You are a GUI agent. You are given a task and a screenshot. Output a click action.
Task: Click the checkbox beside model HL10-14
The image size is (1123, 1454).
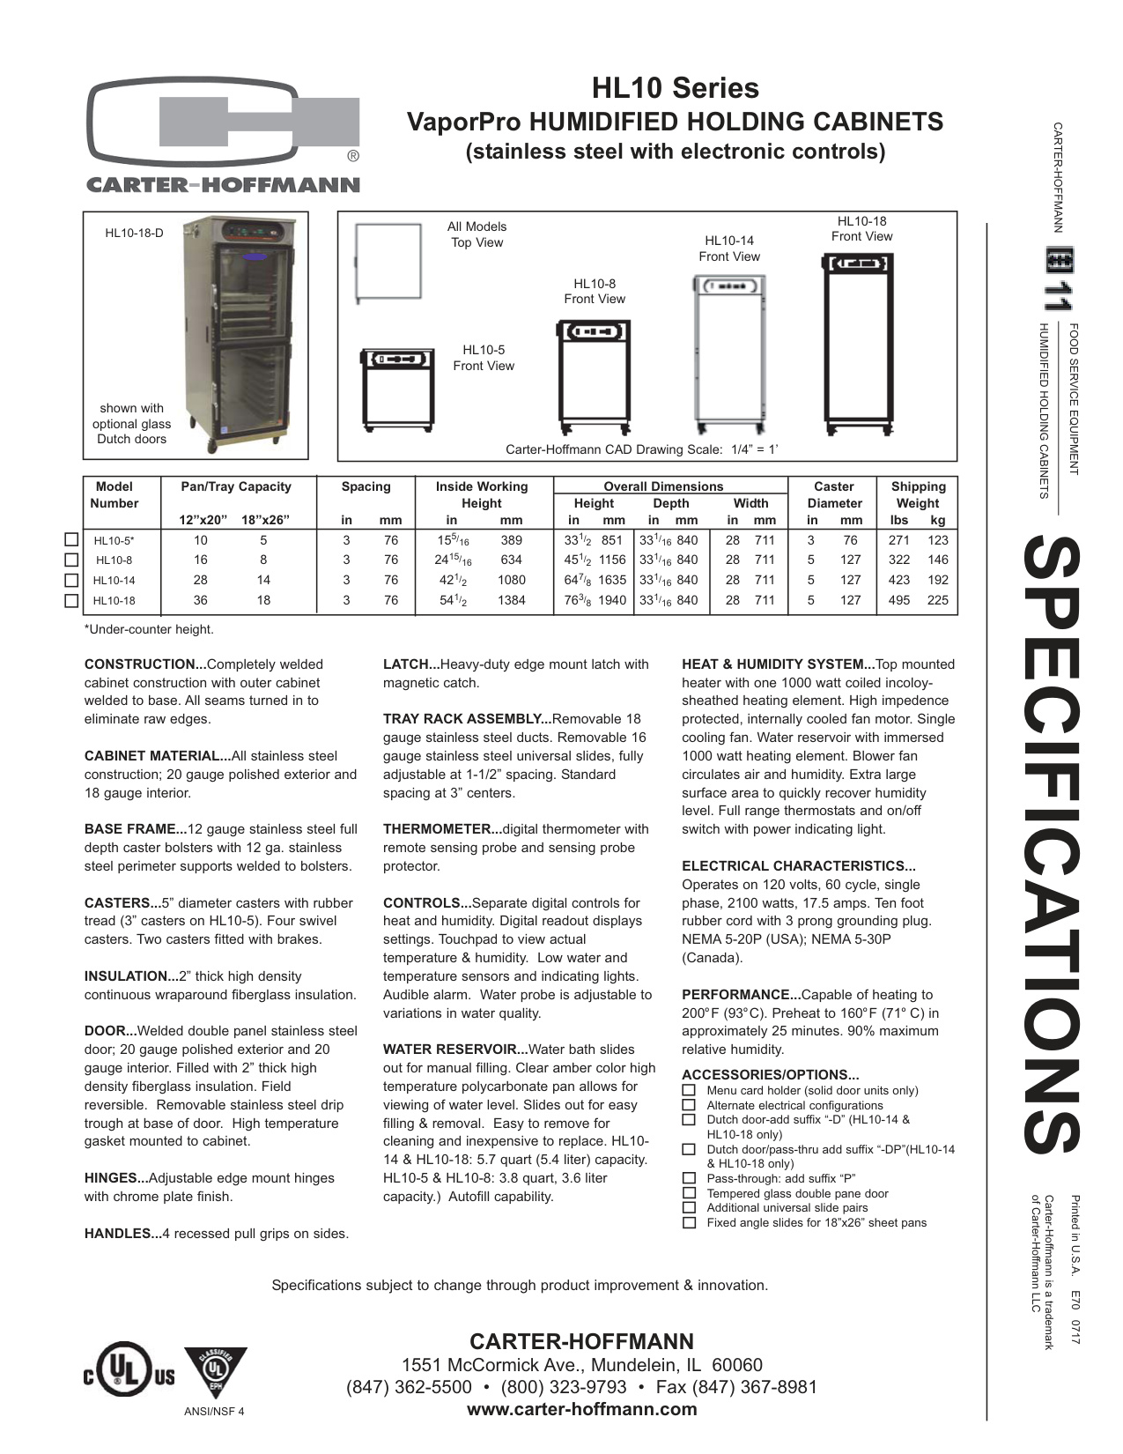(x=72, y=581)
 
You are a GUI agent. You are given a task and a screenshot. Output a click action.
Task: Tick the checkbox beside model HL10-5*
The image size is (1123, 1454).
(x=72, y=540)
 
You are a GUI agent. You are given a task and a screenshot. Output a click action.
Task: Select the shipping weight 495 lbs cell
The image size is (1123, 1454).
(x=899, y=600)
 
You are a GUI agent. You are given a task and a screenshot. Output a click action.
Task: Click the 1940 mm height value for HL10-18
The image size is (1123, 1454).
(x=612, y=600)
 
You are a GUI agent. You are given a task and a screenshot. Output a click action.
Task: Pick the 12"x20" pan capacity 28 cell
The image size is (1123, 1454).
(x=201, y=580)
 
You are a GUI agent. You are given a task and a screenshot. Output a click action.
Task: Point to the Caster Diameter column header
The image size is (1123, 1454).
(x=833, y=494)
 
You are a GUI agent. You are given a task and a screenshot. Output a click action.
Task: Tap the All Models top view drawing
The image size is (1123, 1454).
(x=388, y=262)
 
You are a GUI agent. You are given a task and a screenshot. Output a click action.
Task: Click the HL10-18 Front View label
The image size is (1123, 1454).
(x=861, y=229)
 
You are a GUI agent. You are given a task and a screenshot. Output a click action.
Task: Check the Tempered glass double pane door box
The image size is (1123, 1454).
(x=689, y=1193)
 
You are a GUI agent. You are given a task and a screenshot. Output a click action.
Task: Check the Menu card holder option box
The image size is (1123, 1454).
(x=689, y=1090)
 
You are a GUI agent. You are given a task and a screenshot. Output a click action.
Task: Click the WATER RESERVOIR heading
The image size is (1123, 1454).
(x=454, y=1050)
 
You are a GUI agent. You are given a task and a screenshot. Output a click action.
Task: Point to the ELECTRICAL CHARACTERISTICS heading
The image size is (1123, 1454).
(x=798, y=866)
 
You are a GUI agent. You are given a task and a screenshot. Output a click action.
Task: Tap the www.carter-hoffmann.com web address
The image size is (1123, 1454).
(x=581, y=1409)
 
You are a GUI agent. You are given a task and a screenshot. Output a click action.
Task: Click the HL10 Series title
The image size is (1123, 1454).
(x=675, y=88)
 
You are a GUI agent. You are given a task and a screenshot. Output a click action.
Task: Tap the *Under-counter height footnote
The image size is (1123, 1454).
(x=149, y=629)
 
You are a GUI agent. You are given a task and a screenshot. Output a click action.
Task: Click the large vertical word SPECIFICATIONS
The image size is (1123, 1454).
(x=1052, y=845)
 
